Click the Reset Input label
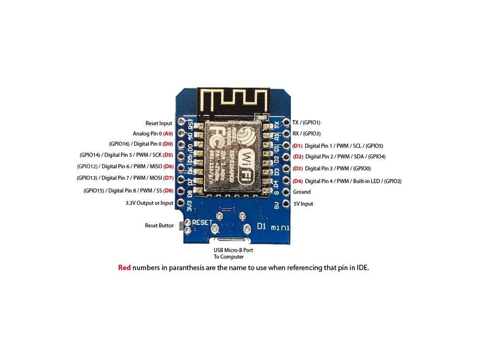(x=158, y=123)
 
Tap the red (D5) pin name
(x=168, y=155)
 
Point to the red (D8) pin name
(x=168, y=191)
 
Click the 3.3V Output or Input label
(x=149, y=203)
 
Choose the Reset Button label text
(x=159, y=225)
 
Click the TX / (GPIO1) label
(x=306, y=122)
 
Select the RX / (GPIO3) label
(x=307, y=134)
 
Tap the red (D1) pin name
(x=298, y=146)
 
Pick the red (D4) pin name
(x=298, y=181)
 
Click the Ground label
(x=302, y=192)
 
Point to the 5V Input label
(x=303, y=204)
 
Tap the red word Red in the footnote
(x=124, y=269)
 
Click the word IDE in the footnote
(x=363, y=269)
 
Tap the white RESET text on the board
(x=202, y=222)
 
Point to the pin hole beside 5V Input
(x=285, y=204)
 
